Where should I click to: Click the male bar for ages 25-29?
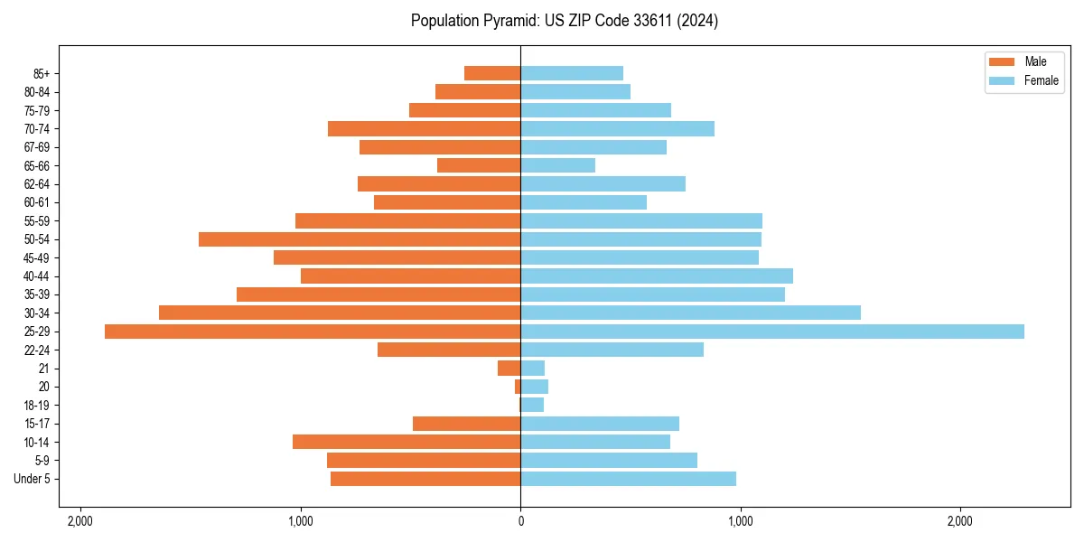[313, 332]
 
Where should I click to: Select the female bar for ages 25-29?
[772, 332]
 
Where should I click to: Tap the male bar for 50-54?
[360, 239]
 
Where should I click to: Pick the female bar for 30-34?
[690, 313]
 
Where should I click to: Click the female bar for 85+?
[572, 73]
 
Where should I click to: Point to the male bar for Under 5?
[425, 479]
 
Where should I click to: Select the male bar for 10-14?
[406, 442]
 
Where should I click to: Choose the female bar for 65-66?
[557, 165]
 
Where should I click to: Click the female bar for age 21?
[532, 369]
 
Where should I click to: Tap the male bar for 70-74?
[424, 128]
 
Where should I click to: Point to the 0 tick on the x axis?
[520, 521]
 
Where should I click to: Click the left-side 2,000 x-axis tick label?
[80, 521]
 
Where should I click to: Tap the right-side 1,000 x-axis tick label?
[740, 521]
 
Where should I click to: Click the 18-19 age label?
[37, 406]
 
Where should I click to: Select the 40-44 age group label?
[37, 276]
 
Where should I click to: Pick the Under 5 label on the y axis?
[32, 479]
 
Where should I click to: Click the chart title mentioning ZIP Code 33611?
[565, 21]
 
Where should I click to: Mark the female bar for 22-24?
[612, 350]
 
